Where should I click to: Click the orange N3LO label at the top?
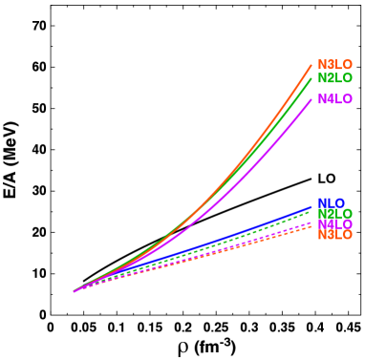coord(334,65)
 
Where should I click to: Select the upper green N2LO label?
coord(334,78)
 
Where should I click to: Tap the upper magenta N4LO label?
coord(334,99)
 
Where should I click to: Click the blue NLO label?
coord(331,203)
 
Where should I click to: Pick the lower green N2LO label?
coord(334,215)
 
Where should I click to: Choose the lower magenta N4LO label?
coord(334,225)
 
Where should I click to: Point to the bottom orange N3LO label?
coord(334,235)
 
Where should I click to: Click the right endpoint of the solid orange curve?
coord(311,65)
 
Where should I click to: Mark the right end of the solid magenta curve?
coord(311,99)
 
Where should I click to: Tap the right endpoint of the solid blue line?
coord(311,206)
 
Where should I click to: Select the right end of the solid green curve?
coord(311,79)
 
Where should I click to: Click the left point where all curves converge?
coord(74,291)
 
